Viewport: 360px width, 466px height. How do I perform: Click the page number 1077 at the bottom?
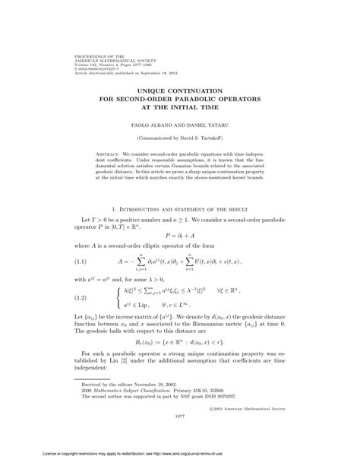179,438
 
